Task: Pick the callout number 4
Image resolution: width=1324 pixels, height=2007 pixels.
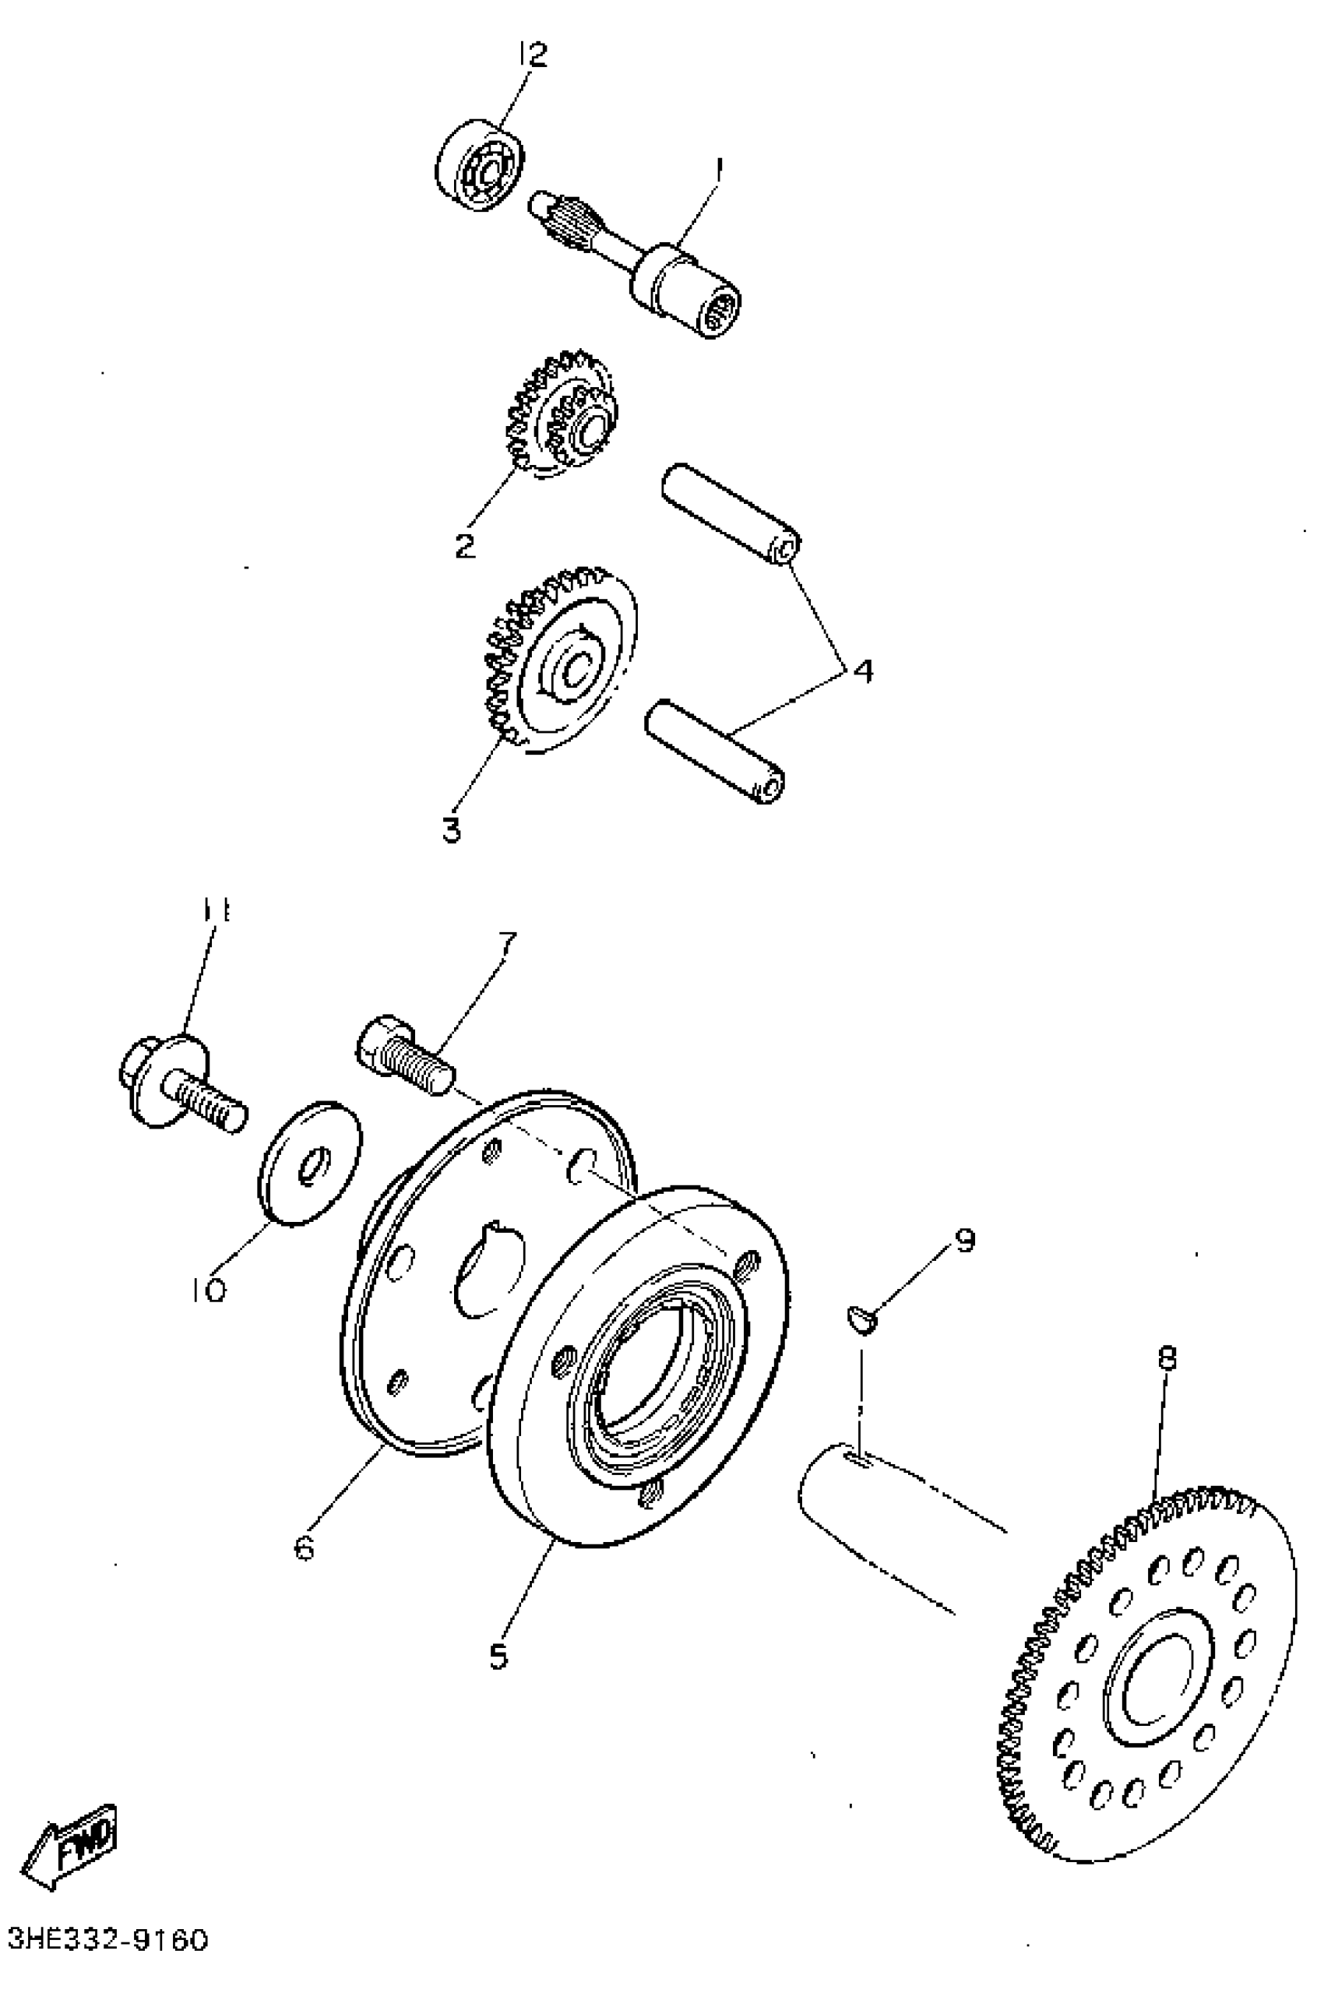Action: [862, 671]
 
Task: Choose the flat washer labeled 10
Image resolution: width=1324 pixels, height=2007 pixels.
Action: [309, 1163]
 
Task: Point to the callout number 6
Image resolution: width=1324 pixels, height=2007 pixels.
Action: [304, 1547]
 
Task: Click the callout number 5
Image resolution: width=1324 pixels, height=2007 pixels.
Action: [498, 1656]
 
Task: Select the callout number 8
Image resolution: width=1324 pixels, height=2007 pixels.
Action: [1167, 1358]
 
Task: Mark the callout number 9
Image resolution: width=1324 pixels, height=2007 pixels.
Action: [964, 1240]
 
